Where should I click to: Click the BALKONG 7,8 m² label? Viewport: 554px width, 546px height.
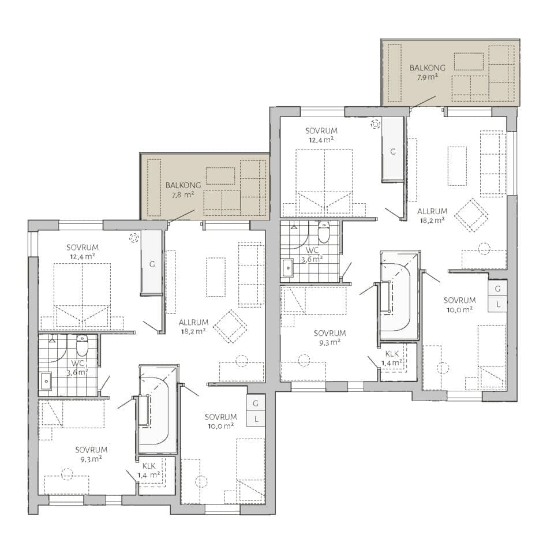coord(183,190)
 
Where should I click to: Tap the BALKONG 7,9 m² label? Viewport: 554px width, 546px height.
coord(427,73)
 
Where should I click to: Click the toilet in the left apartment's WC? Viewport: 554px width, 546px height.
coord(81,346)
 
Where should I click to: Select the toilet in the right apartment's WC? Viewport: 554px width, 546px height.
coord(324,232)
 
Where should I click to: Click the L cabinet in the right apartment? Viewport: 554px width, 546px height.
coord(498,305)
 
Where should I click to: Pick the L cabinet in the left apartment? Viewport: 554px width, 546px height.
coord(256,419)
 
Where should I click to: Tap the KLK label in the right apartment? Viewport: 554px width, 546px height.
coord(392,354)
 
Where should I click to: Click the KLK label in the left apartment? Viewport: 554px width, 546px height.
coord(149,466)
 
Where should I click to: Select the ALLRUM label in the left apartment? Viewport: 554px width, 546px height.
coord(193,322)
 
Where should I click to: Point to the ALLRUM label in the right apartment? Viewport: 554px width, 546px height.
coord(432,211)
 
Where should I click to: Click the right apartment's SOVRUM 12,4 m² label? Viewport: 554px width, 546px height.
coord(321,135)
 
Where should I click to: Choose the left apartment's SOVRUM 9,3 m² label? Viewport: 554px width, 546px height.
coord(91,454)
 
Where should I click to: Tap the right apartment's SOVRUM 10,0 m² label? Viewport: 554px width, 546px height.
coord(459,305)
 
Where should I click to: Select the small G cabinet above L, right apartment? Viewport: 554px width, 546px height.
coord(498,289)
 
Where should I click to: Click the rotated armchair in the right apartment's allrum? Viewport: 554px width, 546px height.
coord(471,215)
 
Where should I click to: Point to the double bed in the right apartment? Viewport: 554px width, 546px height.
coord(324,183)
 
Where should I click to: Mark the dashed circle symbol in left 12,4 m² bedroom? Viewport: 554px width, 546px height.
coord(133,238)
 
